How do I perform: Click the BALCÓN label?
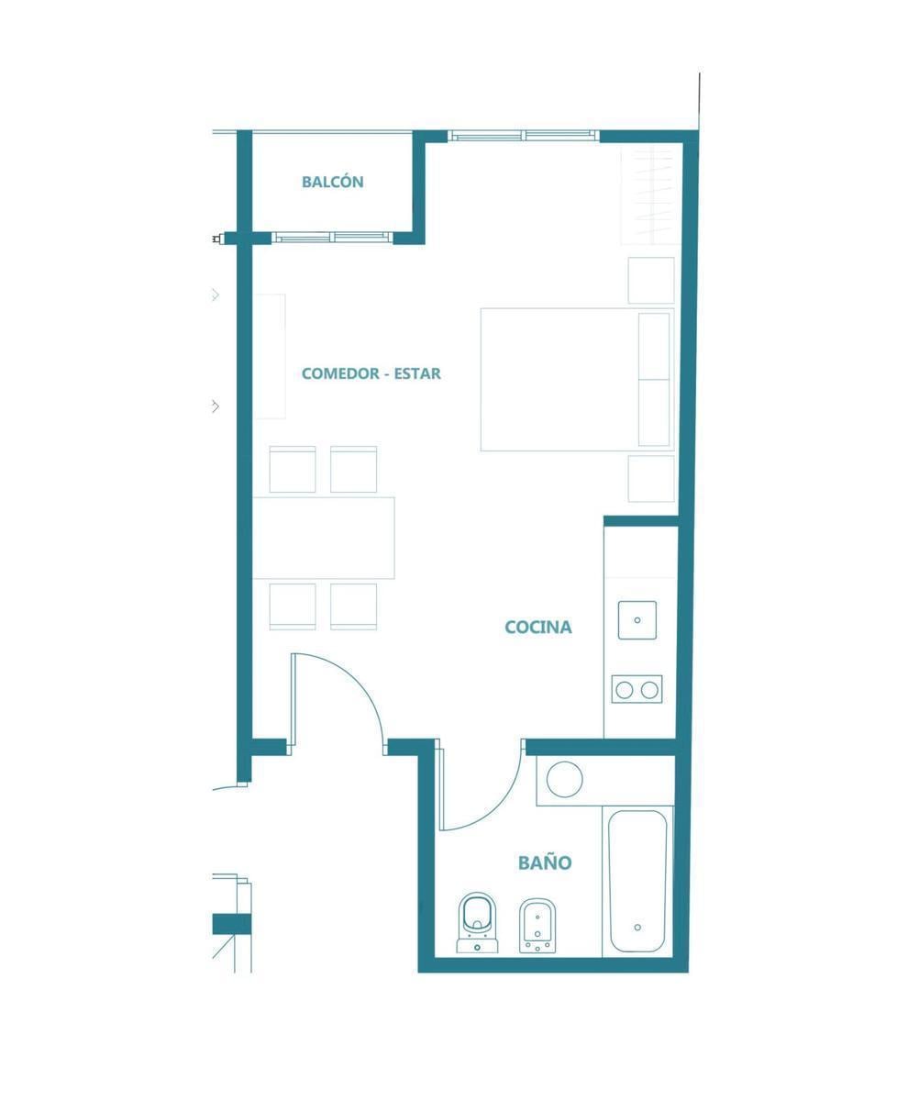click(x=332, y=182)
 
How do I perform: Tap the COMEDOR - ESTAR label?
click(x=371, y=373)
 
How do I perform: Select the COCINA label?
click(x=537, y=627)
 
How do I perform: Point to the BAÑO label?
click(x=545, y=862)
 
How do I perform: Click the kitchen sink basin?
click(x=637, y=619)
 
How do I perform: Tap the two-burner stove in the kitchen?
click(x=637, y=689)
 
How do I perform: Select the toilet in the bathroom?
click(x=478, y=923)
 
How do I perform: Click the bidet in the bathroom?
click(x=537, y=926)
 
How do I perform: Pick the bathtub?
click(x=637, y=881)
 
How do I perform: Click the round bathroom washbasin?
click(x=565, y=779)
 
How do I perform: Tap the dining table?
click(x=324, y=538)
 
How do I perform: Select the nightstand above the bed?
click(x=651, y=280)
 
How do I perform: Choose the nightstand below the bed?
click(x=651, y=479)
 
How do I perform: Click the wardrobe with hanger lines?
click(x=649, y=195)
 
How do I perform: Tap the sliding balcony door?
click(x=333, y=238)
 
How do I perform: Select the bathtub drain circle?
click(x=637, y=927)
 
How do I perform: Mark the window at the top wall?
click(x=524, y=136)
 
